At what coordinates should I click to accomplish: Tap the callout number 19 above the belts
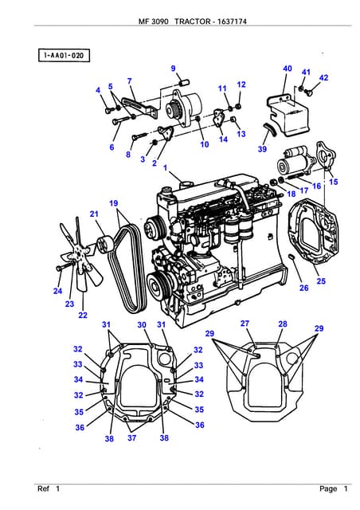click(x=114, y=203)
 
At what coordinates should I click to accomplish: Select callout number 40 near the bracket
click(x=287, y=69)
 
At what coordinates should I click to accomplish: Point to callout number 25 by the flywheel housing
click(x=321, y=280)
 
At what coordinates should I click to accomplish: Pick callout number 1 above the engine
click(x=166, y=168)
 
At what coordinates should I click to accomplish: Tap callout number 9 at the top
click(x=173, y=69)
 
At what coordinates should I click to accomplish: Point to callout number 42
click(x=323, y=77)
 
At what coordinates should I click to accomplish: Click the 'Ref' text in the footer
click(x=43, y=488)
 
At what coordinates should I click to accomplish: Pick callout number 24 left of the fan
click(x=57, y=291)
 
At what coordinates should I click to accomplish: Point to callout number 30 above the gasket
click(x=142, y=324)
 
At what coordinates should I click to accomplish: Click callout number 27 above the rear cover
click(x=245, y=324)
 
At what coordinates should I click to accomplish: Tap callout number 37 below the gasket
click(x=131, y=438)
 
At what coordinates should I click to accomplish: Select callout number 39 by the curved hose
click(x=262, y=149)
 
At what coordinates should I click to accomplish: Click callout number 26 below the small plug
click(x=303, y=288)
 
